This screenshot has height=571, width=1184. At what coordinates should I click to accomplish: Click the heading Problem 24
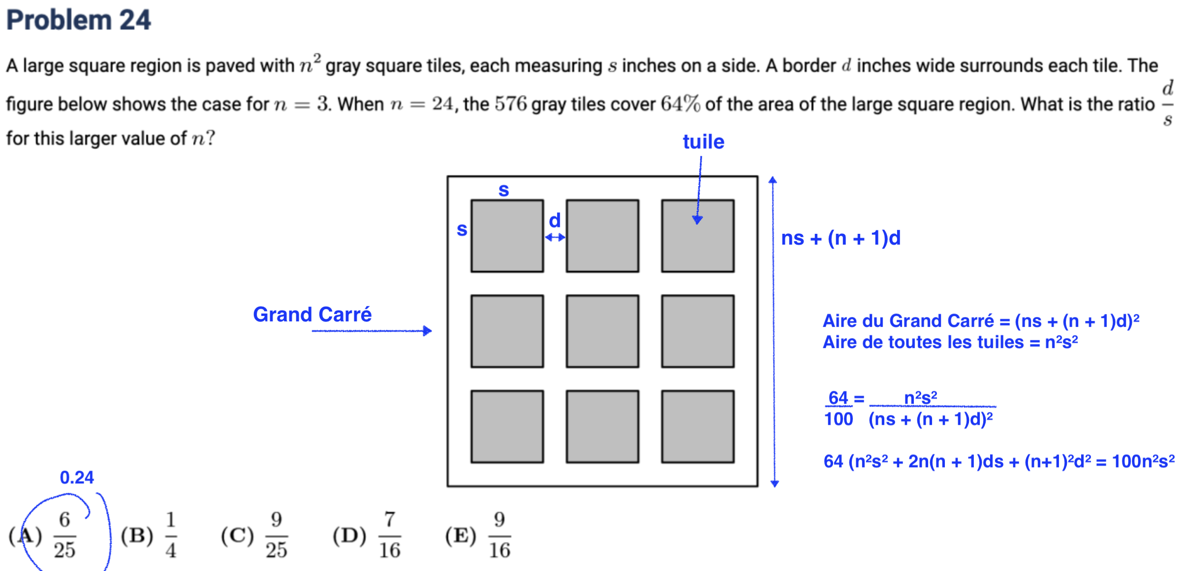pyautogui.click(x=78, y=21)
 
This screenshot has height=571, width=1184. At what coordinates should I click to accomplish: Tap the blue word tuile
pyautogui.click(x=703, y=142)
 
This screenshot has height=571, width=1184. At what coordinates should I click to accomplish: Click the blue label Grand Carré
pyautogui.click(x=312, y=315)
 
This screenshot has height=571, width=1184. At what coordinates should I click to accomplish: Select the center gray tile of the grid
pyautogui.click(x=602, y=331)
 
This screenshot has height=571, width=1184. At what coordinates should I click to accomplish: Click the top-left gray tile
pyautogui.click(x=507, y=236)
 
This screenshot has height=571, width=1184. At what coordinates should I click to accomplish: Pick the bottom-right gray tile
pyautogui.click(x=697, y=426)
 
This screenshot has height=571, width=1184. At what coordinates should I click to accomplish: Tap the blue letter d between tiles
pyautogui.click(x=555, y=221)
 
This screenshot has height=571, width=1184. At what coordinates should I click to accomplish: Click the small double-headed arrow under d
pyautogui.click(x=555, y=237)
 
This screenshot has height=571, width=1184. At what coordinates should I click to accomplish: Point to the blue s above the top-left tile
pyautogui.click(x=503, y=190)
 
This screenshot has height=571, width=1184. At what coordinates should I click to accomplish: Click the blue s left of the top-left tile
pyautogui.click(x=462, y=229)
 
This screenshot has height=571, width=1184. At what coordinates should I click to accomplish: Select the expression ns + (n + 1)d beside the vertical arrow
pyautogui.click(x=841, y=238)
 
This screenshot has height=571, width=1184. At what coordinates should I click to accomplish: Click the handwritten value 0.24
pyautogui.click(x=77, y=477)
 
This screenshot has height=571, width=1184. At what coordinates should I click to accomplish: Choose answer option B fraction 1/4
pyautogui.click(x=170, y=535)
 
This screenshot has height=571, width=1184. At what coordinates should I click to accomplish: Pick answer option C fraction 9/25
pyautogui.click(x=276, y=535)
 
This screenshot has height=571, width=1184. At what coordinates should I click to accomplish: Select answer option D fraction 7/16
pyautogui.click(x=389, y=535)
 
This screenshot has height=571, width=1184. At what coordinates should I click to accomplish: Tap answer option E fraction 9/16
pyautogui.click(x=499, y=535)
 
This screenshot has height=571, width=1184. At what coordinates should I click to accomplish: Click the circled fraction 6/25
pyautogui.click(x=64, y=535)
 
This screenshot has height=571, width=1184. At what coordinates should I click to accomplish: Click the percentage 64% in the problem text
pyautogui.click(x=680, y=104)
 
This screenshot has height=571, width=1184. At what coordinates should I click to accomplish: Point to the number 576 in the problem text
pyautogui.click(x=510, y=104)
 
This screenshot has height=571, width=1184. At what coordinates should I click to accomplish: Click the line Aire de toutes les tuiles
pyautogui.click(x=950, y=342)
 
